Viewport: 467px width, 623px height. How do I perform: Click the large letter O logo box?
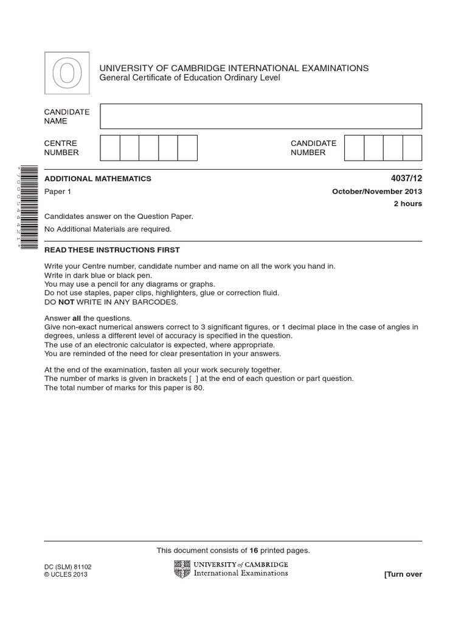tap(67, 74)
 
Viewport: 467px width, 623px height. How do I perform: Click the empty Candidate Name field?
tap(261, 116)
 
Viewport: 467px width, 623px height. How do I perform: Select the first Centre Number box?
tap(110, 148)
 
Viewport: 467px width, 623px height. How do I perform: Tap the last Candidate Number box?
tap(412, 148)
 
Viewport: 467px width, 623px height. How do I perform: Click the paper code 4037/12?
tap(407, 179)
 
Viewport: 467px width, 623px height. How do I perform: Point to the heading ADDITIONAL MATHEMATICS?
tap(98, 179)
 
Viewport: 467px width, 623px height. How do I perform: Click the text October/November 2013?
tap(377, 192)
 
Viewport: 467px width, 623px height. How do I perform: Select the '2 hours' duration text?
tap(408, 204)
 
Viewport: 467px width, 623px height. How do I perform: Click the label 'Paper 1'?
tap(58, 192)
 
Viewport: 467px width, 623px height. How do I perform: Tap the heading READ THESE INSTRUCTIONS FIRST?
tap(112, 250)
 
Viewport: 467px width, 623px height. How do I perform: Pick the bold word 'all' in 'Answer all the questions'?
tap(77, 318)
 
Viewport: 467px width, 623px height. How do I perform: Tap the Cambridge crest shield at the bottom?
tap(182, 569)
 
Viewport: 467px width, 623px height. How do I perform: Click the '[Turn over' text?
tap(403, 574)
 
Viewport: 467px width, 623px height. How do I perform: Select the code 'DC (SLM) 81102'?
tap(68, 566)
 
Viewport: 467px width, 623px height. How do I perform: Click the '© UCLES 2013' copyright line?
tap(66, 574)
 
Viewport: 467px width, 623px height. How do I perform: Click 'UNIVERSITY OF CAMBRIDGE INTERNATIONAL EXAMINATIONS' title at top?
tap(234, 68)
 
